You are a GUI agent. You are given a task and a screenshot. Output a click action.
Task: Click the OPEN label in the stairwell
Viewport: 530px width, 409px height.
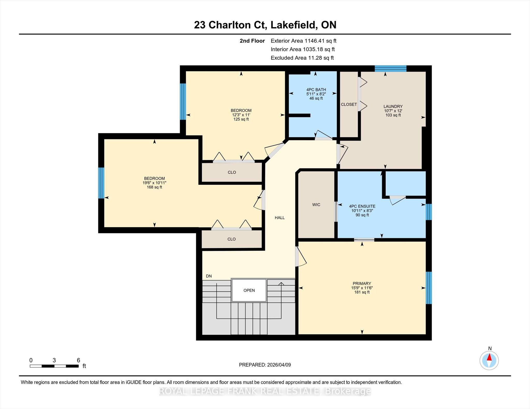[249, 290]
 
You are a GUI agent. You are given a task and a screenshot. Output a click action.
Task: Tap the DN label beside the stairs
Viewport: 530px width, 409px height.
[209, 276]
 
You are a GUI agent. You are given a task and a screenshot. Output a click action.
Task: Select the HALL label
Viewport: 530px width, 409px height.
[279, 218]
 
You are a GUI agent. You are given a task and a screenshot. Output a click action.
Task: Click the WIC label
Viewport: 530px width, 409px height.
[316, 205]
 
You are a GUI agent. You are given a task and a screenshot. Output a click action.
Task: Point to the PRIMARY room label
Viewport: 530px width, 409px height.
[362, 283]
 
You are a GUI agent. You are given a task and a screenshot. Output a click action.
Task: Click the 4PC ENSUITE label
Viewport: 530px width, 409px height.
[362, 206]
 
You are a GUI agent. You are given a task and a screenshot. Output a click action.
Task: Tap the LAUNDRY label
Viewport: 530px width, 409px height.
[393, 106]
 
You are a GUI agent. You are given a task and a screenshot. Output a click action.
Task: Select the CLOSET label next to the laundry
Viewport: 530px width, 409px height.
[349, 104]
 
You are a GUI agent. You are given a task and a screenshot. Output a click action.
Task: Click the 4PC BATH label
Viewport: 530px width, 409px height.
[316, 90]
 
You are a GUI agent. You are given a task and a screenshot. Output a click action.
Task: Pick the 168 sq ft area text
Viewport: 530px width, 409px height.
[154, 187]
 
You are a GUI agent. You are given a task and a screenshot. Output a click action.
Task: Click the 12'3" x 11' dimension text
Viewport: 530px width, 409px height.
[241, 115]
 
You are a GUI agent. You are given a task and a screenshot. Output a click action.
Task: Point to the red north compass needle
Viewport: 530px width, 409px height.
[489, 357]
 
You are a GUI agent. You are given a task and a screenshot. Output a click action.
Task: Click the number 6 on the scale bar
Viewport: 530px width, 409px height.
[78, 360]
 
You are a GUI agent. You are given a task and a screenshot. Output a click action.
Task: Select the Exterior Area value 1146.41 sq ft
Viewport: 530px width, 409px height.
[320, 41]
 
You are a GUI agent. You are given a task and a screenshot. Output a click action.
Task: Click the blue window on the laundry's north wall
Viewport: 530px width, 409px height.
[391, 68]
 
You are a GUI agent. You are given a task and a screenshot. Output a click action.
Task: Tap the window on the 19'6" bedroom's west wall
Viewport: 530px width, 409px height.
[101, 183]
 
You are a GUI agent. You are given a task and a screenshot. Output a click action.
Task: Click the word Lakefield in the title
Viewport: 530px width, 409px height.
[294, 25]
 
